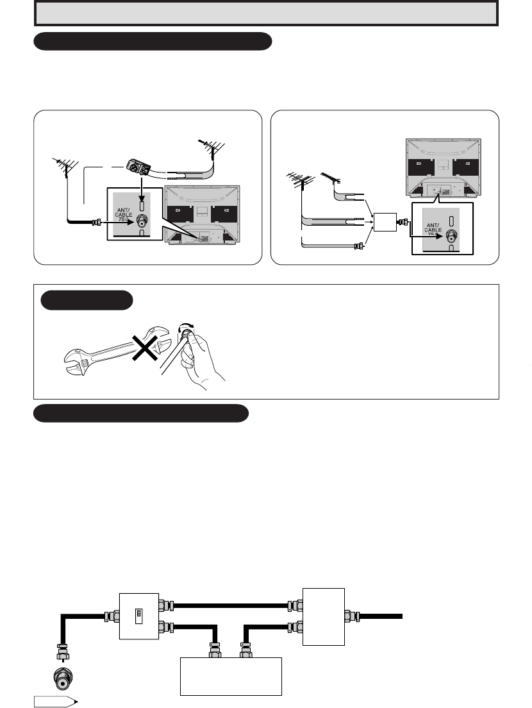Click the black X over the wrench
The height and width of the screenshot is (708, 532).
click(144, 348)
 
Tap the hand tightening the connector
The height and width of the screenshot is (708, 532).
click(201, 360)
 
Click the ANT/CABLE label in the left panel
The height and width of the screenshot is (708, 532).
click(123, 214)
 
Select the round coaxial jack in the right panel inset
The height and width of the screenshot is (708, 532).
click(451, 236)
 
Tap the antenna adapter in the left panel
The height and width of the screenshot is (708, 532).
click(138, 167)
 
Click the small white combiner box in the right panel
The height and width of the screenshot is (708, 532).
click(385, 222)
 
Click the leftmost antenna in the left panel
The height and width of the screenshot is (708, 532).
click(65, 167)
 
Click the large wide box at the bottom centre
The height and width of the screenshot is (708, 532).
click(231, 676)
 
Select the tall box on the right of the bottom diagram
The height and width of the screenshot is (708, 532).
click(324, 617)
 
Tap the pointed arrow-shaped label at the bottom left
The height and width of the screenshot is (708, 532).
click(53, 702)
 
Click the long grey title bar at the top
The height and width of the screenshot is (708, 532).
click(266, 13)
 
